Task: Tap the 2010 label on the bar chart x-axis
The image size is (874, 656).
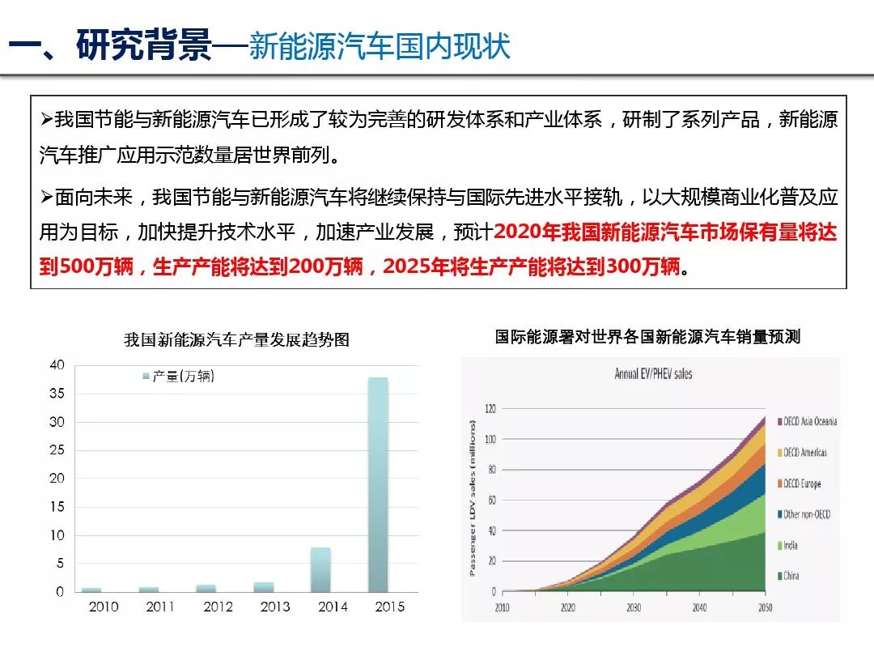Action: (x=104, y=607)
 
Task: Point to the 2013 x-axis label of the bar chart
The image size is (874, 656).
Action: (x=275, y=607)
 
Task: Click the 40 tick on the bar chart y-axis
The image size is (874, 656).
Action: (x=56, y=365)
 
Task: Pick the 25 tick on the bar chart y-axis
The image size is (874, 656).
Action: (x=56, y=450)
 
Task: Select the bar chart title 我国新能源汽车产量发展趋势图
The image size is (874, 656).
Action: (x=236, y=340)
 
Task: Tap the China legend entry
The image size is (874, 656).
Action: (x=791, y=576)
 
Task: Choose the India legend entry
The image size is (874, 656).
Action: (x=790, y=545)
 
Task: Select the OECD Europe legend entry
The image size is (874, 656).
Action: (x=801, y=483)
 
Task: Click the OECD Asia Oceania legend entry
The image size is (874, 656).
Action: (x=809, y=421)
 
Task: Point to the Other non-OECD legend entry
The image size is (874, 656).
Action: (x=806, y=514)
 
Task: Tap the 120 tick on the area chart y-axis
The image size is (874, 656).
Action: (x=489, y=408)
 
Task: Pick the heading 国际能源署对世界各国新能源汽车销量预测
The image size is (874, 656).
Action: (x=647, y=337)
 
